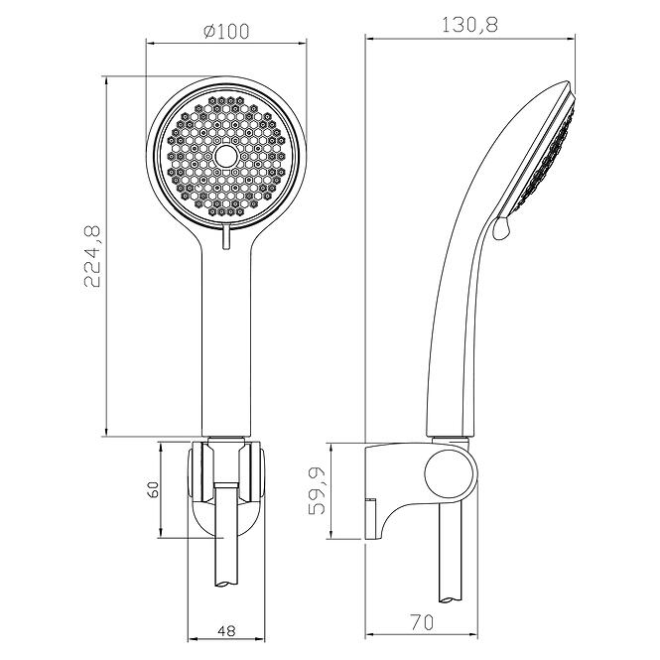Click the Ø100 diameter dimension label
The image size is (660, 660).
point(226,31)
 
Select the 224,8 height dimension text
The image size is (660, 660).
point(92,256)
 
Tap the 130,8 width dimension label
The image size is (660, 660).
point(469,25)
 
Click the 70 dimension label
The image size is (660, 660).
point(421,622)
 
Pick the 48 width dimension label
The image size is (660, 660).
point(226,630)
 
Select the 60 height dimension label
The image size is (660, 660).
point(154,489)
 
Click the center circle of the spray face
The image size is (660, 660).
point(227,157)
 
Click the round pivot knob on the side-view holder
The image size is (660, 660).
point(450,474)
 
